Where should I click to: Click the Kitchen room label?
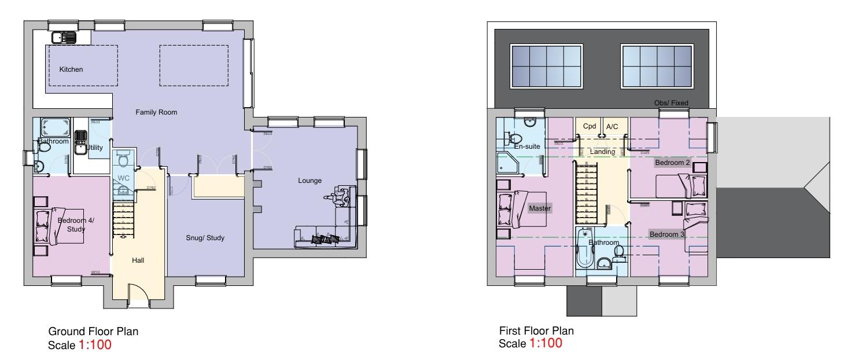tap(71, 69)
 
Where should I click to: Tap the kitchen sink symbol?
tap(63, 38)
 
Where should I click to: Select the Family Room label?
tap(156, 112)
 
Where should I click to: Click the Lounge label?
tap(309, 181)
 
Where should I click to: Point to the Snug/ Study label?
tap(205, 238)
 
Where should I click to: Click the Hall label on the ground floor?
tap(138, 260)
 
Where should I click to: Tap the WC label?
tap(124, 178)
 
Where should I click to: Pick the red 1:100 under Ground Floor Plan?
tap(94, 346)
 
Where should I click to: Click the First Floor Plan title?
tap(536, 331)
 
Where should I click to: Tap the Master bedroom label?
tap(540, 208)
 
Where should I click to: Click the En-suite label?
tap(527, 146)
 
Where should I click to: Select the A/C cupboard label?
tap(612, 126)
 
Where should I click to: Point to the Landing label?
tap(602, 152)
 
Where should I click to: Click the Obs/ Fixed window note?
tap(671, 103)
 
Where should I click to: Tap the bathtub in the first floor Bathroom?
tap(582, 250)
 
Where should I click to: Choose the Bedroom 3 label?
tap(667, 234)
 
